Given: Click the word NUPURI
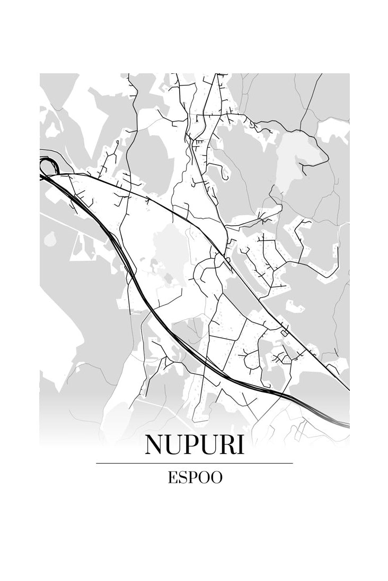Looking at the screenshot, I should pyautogui.click(x=195, y=445).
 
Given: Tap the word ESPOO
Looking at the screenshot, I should pyautogui.click(x=195, y=477).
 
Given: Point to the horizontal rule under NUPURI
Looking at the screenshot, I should pyautogui.click(x=195, y=463).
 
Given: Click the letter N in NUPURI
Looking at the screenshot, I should pyautogui.click(x=155, y=445).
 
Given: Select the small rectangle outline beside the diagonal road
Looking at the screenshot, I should pyautogui.click(x=285, y=333).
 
